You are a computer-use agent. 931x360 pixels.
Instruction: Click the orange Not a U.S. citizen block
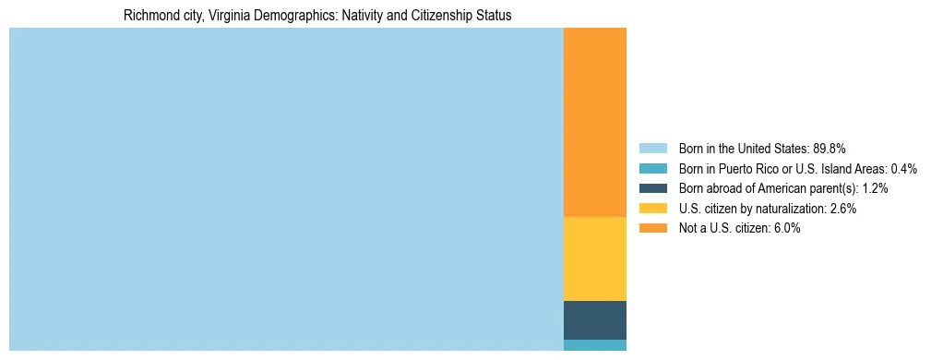tap(594, 122)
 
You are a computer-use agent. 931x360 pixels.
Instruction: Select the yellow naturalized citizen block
tap(594, 258)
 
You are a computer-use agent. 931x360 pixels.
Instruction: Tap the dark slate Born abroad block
tap(594, 319)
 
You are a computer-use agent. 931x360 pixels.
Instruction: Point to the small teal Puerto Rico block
tap(594, 345)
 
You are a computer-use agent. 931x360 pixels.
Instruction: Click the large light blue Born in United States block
tap(286, 189)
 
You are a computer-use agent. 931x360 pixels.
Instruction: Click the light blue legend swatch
tap(652, 149)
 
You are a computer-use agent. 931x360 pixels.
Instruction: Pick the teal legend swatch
tap(652, 169)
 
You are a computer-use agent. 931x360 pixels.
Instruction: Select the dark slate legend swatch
tap(652, 188)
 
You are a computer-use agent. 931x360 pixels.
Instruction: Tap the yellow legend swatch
tap(652, 209)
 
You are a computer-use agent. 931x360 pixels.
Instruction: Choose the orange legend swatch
tap(652, 229)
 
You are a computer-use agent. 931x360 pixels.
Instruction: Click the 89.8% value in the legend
tap(830, 149)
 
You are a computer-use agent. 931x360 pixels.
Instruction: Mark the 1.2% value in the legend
tap(874, 188)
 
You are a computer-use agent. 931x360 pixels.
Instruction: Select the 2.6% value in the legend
tap(842, 209)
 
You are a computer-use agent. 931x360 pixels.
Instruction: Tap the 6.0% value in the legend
tap(786, 229)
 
